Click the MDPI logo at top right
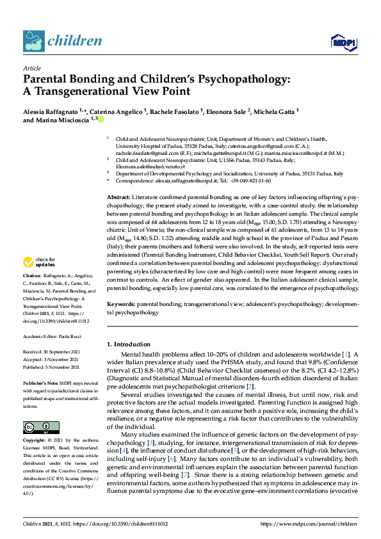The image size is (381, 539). point(343,42)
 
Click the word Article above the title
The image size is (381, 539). point(31,68)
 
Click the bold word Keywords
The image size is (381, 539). point(121,305)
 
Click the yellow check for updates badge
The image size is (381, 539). point(39,280)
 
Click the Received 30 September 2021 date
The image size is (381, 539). point(54,351)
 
